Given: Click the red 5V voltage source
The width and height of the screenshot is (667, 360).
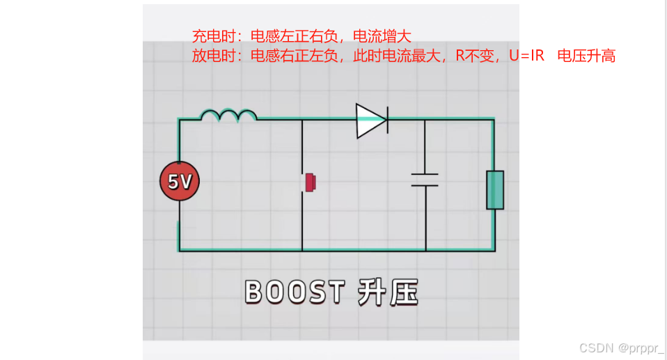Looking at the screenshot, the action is [x=179, y=182].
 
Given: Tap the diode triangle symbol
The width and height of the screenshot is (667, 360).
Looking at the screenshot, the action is [x=370, y=120].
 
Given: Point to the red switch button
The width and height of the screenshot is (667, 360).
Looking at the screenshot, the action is [x=311, y=182].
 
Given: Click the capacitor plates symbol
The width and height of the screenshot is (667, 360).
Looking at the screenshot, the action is [x=424, y=180].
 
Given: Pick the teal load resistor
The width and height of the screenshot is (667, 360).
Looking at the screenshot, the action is [x=494, y=189].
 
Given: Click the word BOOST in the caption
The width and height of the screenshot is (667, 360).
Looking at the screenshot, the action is [x=295, y=292].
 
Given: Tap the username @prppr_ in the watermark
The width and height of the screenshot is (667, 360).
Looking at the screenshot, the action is [x=638, y=347].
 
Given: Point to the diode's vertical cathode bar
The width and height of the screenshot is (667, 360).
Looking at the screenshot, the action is [x=387, y=120].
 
